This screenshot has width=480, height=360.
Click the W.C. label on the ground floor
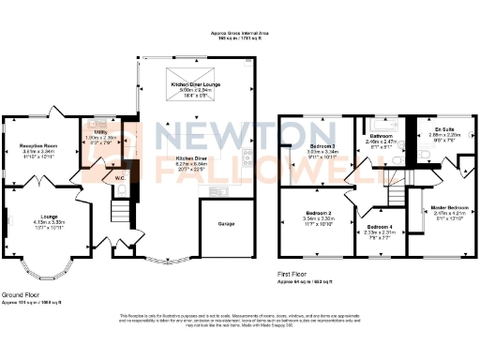click(120, 177)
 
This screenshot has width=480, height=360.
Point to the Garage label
click(227, 225)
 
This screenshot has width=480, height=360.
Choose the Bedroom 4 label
click(380, 228)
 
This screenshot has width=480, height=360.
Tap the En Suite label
click(442, 130)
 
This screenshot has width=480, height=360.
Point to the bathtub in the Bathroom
click(379, 123)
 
